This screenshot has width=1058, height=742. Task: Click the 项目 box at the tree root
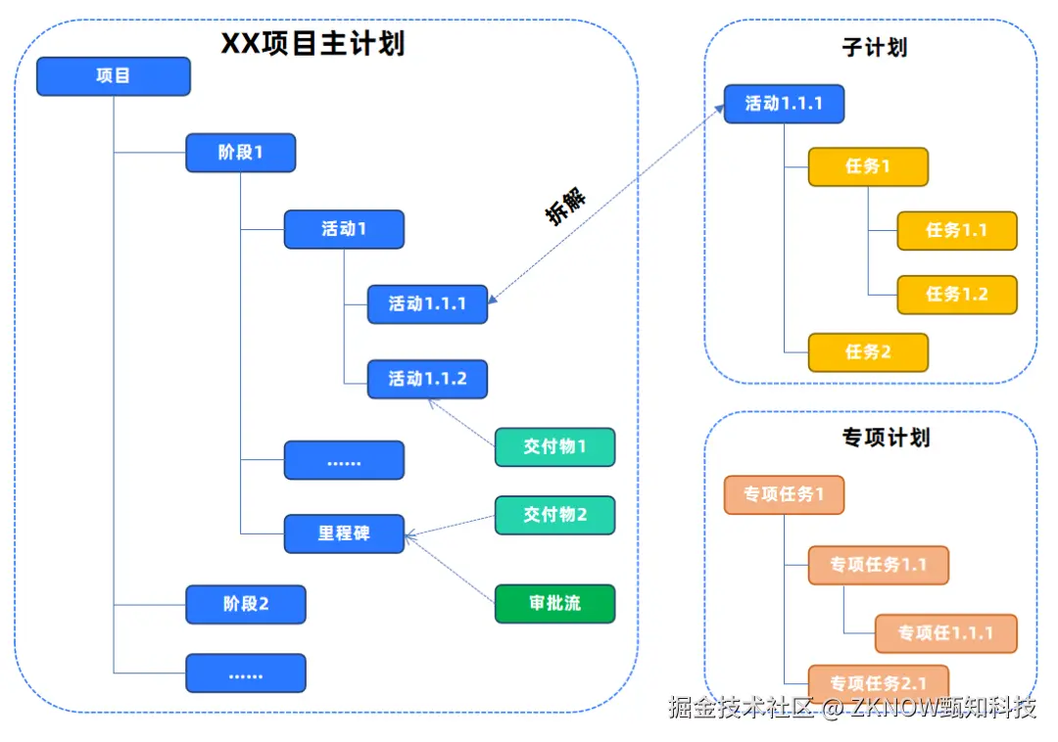click(113, 76)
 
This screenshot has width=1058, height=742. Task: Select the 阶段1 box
click(240, 153)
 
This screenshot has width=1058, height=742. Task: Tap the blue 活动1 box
click(343, 229)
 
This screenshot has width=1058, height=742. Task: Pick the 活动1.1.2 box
click(427, 379)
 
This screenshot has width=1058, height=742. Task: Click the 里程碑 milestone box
click(343, 534)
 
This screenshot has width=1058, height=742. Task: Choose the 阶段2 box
click(245, 604)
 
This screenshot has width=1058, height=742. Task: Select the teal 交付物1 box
click(554, 446)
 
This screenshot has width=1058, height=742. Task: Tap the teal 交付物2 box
click(554, 515)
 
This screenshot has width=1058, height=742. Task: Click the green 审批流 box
click(554, 604)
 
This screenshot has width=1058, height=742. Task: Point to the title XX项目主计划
click(312, 44)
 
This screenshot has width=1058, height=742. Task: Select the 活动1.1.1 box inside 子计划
click(784, 104)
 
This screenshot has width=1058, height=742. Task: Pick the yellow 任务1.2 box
click(956, 295)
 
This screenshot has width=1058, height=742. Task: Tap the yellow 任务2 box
click(867, 351)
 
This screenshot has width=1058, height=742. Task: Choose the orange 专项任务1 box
click(784, 494)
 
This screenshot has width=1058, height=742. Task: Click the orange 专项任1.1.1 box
click(944, 633)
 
